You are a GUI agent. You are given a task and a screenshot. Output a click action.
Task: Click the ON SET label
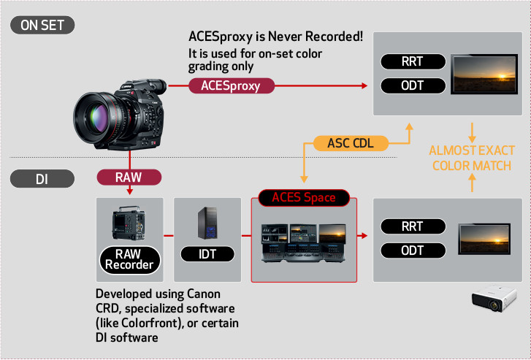click(42, 26)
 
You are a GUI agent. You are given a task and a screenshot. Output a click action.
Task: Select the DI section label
click(42, 177)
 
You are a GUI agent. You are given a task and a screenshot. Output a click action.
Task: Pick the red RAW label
click(129, 177)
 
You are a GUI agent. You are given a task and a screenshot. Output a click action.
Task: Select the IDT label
click(207, 254)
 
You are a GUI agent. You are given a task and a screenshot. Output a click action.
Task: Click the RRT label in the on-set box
click(413, 62)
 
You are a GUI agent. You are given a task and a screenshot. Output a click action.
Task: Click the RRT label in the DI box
click(413, 226)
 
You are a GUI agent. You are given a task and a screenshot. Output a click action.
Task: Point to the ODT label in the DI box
click(413, 251)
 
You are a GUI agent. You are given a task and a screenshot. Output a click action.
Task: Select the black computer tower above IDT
click(208, 222)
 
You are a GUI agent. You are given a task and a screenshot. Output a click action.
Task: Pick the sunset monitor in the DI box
click(483, 240)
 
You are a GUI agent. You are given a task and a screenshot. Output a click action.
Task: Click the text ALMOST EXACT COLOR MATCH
click(471, 158)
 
